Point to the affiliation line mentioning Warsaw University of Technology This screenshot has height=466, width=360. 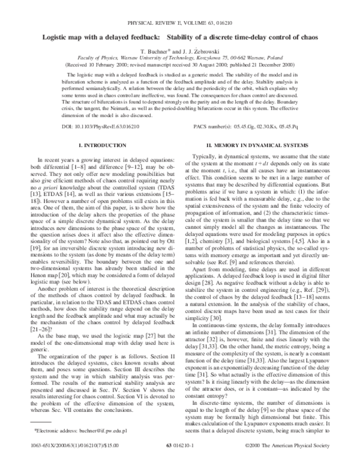(179, 58)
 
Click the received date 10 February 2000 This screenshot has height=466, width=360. (128, 65)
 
